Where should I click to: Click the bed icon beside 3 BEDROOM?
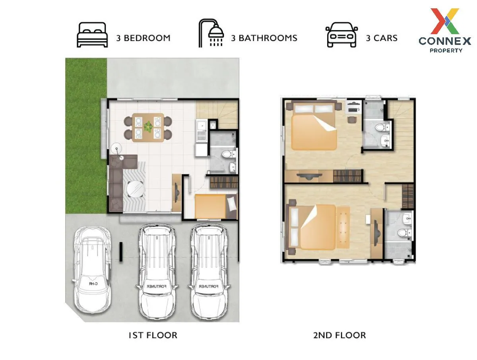pyautogui.click(x=92, y=35)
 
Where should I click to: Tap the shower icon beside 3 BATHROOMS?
pyautogui.click(x=211, y=33)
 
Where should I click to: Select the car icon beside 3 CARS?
pyautogui.click(x=341, y=35)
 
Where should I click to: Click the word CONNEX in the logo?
pyautogui.click(x=445, y=41)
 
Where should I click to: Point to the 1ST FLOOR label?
pyautogui.click(x=153, y=335)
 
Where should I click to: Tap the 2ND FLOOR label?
pyautogui.click(x=339, y=335)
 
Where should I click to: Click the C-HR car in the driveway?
pyautogui.click(x=92, y=270)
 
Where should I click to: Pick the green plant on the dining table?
pyautogui.click(x=148, y=126)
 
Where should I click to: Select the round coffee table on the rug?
pyautogui.click(x=136, y=189)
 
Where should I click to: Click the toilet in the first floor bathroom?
pyautogui.click(x=229, y=155)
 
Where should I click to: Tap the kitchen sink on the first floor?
pyautogui.click(x=202, y=126)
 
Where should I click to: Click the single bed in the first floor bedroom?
pyautogui.click(x=215, y=206)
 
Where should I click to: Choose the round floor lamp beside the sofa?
pyautogui.click(x=117, y=149)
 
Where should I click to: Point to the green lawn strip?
pyautogui.click(x=86, y=135)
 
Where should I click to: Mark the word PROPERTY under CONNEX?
pyautogui.click(x=446, y=50)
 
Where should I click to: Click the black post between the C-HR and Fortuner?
pyautogui.click(x=121, y=252)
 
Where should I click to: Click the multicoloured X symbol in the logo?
pyautogui.click(x=445, y=21)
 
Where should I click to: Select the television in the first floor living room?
pyautogui.click(x=176, y=192)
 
